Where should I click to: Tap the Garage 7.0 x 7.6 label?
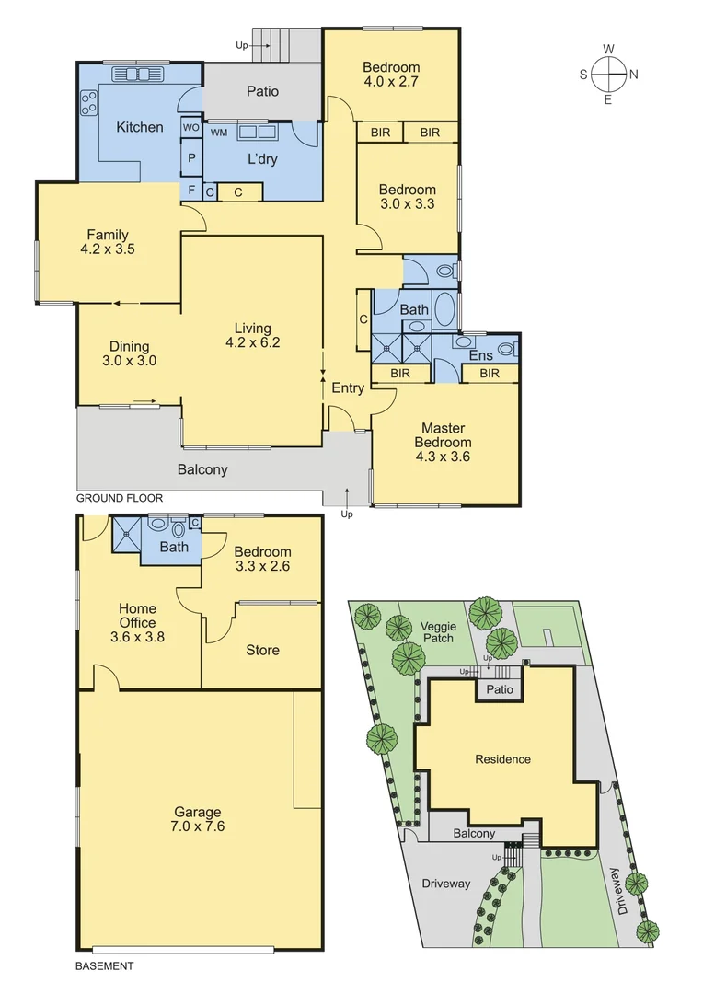[x=199, y=818]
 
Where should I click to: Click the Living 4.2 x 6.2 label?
[x=252, y=335]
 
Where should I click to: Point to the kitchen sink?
[x=135, y=75]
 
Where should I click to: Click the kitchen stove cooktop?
[x=89, y=101]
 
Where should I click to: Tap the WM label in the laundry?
[x=219, y=133]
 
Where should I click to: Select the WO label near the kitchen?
[x=191, y=127]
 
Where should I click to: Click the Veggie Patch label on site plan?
[x=439, y=631]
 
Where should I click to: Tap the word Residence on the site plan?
[x=502, y=759]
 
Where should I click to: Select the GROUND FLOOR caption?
[x=119, y=498]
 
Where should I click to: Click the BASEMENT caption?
[x=103, y=966]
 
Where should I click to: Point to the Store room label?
[x=262, y=651]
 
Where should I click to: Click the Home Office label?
[x=137, y=621]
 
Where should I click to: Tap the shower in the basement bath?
[x=125, y=535]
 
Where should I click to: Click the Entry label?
[x=348, y=388]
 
